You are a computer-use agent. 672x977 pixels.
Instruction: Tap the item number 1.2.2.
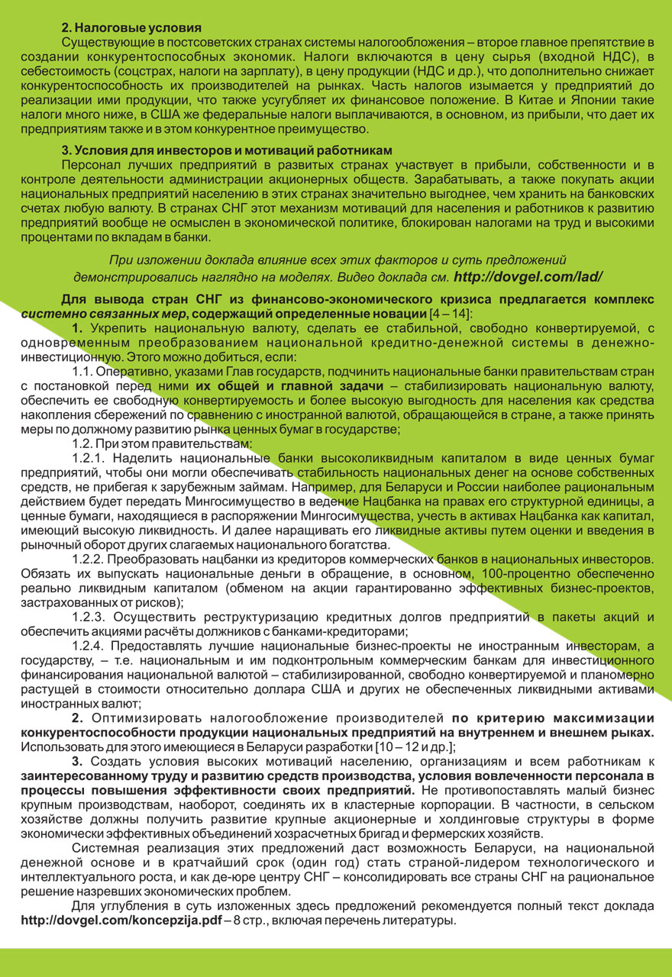pyautogui.click(x=92, y=559)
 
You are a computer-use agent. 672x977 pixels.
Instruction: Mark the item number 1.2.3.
pyautogui.click(x=92, y=617)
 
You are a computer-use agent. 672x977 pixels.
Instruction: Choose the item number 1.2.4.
pyautogui.click(x=92, y=646)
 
